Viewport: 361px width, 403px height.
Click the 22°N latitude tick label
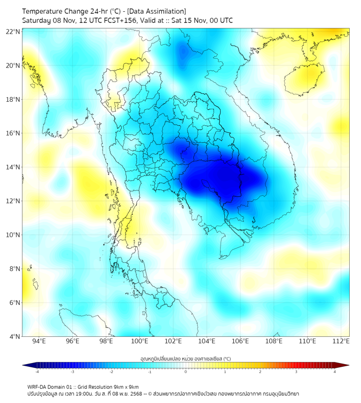[13, 31]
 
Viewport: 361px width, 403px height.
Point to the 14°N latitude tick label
[13, 167]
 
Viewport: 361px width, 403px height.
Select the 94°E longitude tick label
[39, 341]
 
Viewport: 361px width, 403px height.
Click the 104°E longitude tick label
[207, 341]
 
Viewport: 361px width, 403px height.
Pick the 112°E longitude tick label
[341, 341]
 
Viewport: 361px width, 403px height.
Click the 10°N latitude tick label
[13, 235]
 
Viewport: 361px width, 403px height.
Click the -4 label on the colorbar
[37, 372]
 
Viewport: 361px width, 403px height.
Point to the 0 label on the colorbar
[186, 372]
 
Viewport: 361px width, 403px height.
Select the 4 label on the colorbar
[335, 372]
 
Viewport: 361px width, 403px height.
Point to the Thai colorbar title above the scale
[185, 358]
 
